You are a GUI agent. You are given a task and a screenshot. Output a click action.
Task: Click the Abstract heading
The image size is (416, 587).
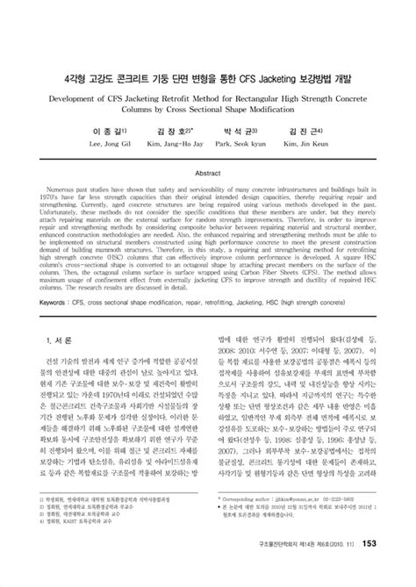[207, 149]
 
